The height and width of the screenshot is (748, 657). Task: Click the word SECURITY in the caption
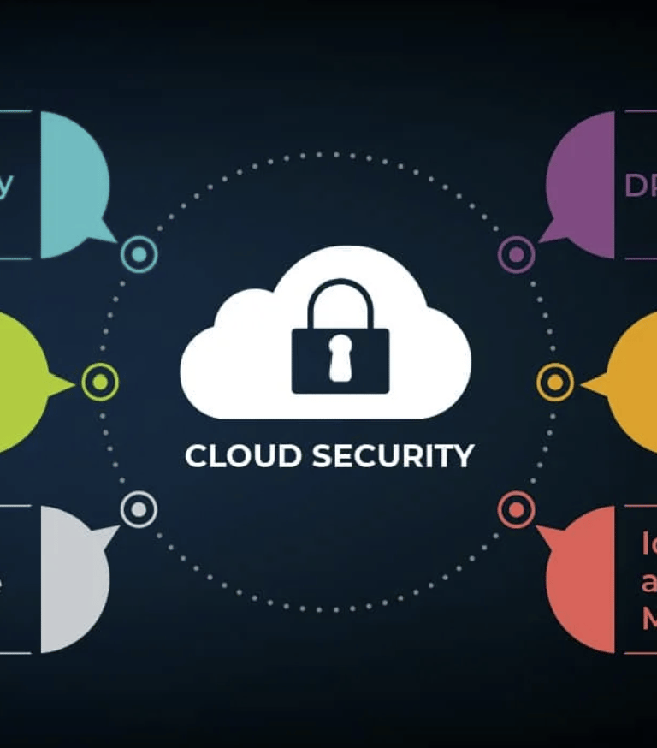[x=392, y=456]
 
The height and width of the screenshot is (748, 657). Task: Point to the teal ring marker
[x=139, y=254]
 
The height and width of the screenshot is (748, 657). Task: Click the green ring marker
[x=100, y=382]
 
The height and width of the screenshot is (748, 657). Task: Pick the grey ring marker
[x=139, y=509]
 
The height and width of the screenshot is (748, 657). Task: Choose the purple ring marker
[x=516, y=254]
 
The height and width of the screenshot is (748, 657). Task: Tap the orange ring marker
[x=555, y=382]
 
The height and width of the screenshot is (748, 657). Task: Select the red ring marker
[x=516, y=509]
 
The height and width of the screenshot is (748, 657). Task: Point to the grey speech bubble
[x=73, y=578]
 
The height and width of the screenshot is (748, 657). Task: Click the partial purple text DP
[x=640, y=186]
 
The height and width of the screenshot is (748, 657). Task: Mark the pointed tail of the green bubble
[x=63, y=384]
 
